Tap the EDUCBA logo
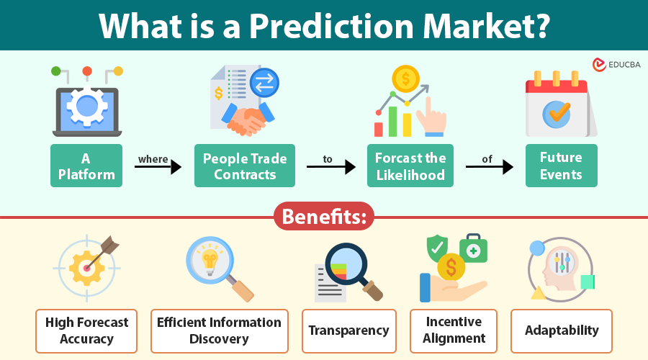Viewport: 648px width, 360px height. pos(616,65)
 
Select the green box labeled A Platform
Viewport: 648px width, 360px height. pos(86,166)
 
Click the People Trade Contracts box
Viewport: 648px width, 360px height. pos(245,166)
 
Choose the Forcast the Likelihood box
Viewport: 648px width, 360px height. pos(410,166)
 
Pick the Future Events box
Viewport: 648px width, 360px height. pos(562,166)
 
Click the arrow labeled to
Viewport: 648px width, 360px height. pos(332,167)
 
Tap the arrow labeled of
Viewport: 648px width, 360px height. pos(489,167)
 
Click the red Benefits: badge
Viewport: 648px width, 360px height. pos(324,217)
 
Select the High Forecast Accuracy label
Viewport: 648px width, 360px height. pos(86,330)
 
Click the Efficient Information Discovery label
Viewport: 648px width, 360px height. pos(220,330)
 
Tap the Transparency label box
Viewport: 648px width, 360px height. pos(348,330)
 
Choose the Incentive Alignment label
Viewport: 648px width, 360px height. pos(455,330)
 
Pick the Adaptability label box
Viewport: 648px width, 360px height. pos(562,330)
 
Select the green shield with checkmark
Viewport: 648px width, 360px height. pos(436,248)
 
